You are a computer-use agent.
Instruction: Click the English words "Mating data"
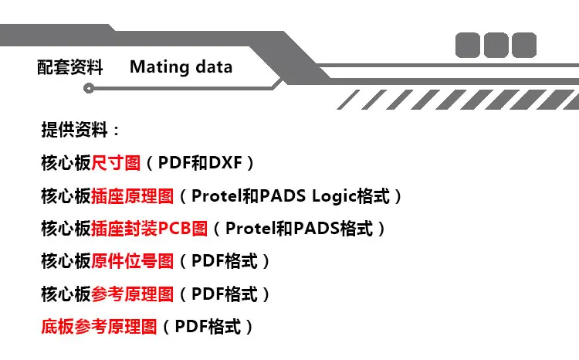[181, 67]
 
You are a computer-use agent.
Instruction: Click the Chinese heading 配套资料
[70, 67]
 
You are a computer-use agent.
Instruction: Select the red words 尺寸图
[117, 163]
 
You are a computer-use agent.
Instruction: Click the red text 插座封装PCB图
[150, 229]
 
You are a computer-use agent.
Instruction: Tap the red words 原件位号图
[133, 261]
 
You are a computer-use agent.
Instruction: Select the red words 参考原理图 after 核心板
[133, 294]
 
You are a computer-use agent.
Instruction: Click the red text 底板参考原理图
[100, 327]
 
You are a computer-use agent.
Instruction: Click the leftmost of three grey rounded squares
[468, 45]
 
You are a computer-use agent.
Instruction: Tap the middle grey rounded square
[496, 45]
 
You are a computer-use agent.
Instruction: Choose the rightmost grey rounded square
[523, 45]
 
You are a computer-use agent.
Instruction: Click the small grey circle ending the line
[88, 89]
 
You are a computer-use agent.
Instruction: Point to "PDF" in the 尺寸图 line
[174, 163]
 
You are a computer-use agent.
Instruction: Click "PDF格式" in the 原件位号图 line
[224, 261]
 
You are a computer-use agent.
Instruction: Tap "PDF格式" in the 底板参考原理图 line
[207, 327]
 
